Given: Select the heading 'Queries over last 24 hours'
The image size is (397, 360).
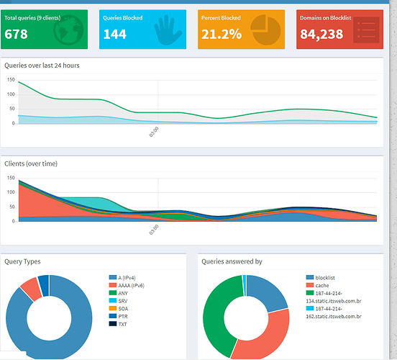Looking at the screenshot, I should click(42, 66).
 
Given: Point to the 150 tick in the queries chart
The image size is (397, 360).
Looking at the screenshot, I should click(10, 81).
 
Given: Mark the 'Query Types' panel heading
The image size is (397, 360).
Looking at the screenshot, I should click(23, 261).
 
